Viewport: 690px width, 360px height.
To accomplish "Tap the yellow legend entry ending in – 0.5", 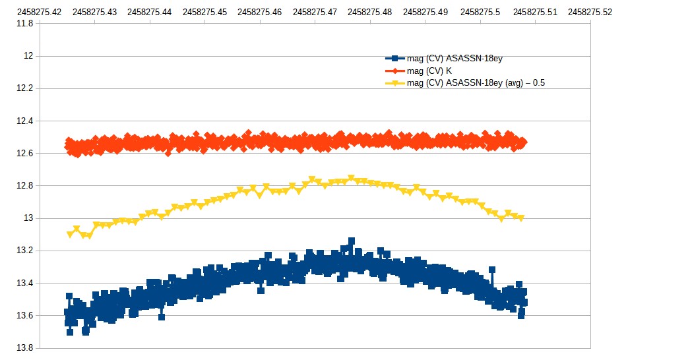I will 475,82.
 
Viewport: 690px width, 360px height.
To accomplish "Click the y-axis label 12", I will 28,55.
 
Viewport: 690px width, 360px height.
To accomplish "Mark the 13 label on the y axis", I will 28,218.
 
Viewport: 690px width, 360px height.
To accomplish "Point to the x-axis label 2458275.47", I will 315,11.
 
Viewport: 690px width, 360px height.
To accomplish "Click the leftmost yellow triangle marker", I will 70,235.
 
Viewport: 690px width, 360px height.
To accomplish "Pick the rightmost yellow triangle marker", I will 520,218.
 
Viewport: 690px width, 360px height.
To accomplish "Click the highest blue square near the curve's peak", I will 352,241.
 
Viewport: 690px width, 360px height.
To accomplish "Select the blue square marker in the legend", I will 394,59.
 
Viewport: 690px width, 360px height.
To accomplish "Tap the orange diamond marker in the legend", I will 394,71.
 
